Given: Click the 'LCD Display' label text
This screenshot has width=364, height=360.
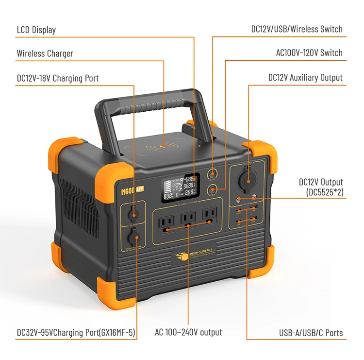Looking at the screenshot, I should pyautogui.click(x=36, y=30).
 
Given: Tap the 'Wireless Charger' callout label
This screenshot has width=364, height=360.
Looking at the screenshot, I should pyautogui.click(x=45, y=53).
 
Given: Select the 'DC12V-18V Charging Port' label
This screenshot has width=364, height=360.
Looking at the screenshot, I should pyautogui.click(x=57, y=78).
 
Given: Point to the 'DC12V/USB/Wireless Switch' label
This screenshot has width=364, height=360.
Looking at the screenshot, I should pyautogui.click(x=297, y=29).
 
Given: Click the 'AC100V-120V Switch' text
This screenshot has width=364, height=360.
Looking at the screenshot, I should pyautogui.click(x=309, y=53).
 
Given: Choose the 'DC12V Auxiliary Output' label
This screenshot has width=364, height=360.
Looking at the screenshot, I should pyautogui.click(x=305, y=78).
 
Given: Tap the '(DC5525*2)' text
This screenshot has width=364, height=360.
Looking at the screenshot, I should pyautogui.click(x=325, y=192).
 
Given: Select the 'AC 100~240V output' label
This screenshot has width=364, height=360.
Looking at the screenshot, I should pyautogui.click(x=188, y=332).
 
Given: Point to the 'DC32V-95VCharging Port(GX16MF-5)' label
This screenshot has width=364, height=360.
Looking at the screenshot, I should pyautogui.click(x=76, y=333).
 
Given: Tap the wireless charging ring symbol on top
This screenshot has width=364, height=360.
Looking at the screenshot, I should pyautogui.click(x=164, y=145).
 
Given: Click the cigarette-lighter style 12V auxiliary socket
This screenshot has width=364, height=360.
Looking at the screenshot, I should pyautogui.click(x=247, y=176).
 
